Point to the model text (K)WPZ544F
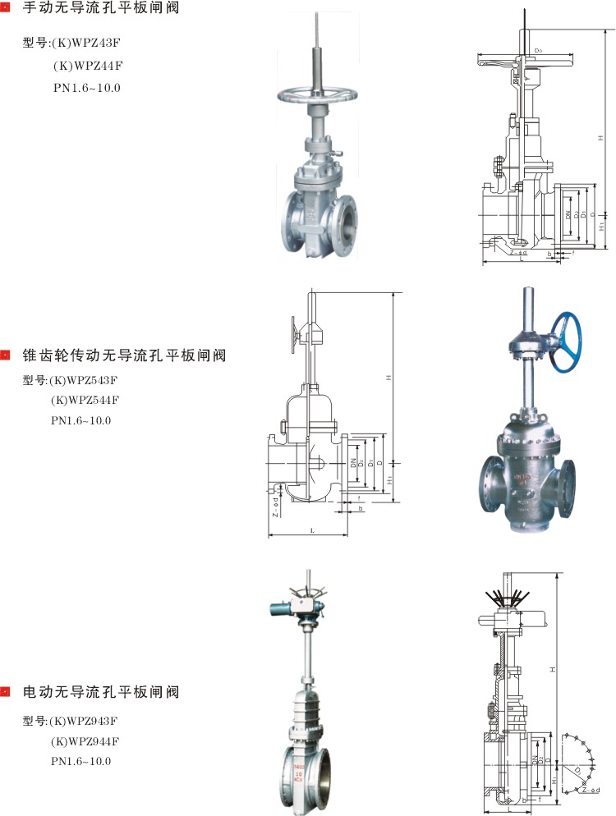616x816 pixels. pyautogui.click(x=85, y=400)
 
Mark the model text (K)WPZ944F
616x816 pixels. pyautogui.click(x=85, y=740)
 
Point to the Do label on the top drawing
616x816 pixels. pyautogui.click(x=537, y=51)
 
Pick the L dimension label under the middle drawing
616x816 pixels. pyautogui.click(x=312, y=531)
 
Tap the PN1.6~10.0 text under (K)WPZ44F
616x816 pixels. pyautogui.click(x=86, y=87)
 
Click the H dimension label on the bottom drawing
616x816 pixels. pyautogui.click(x=553, y=669)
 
